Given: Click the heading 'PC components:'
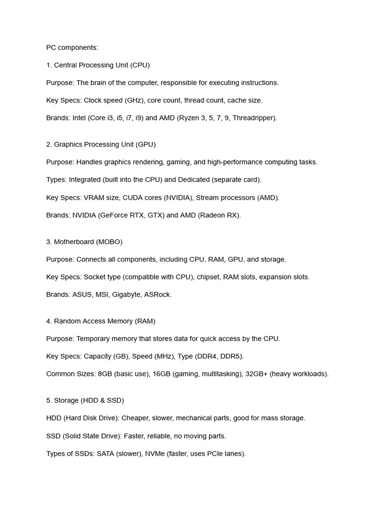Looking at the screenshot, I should point(72,47).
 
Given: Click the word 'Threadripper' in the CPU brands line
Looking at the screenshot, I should point(254,118).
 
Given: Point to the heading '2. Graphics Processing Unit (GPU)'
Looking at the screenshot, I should point(101,144).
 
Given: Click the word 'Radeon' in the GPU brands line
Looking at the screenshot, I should point(214,215).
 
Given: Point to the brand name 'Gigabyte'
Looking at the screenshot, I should point(127,294).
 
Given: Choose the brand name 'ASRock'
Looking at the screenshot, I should point(157,294).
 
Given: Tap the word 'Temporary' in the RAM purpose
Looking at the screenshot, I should point(93,338).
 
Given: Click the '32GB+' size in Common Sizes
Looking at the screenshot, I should point(256,374).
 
